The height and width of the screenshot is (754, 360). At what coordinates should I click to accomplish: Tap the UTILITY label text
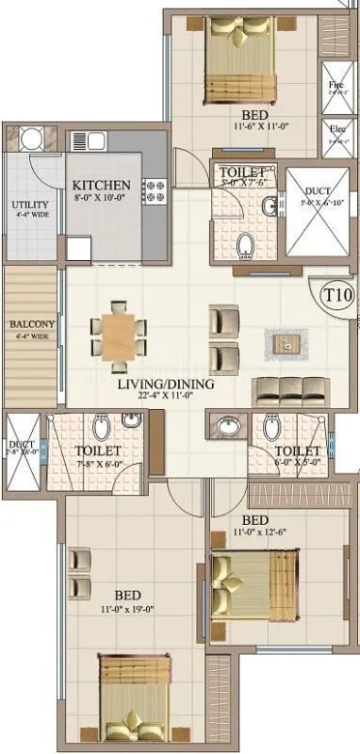tap(24, 204)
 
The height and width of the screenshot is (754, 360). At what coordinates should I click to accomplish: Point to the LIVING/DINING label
tap(166, 385)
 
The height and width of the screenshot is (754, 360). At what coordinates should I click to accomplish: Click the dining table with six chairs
tap(119, 330)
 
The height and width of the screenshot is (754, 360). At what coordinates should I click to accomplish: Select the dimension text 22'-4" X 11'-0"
tap(166, 399)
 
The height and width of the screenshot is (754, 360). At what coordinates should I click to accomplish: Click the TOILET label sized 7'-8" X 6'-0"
tap(96, 451)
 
